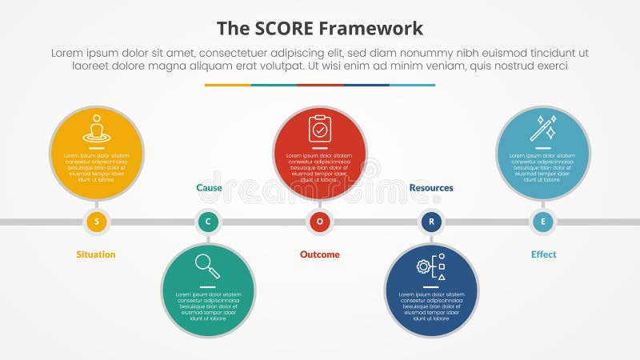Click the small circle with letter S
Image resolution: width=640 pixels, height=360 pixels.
[x=97, y=222]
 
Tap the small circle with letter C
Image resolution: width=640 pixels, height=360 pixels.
[x=208, y=222]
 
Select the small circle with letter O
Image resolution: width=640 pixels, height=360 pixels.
[x=320, y=222]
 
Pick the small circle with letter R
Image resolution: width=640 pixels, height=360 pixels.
[x=431, y=222]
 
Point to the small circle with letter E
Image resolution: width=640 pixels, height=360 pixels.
[x=543, y=222]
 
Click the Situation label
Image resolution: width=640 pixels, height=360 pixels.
[x=96, y=254]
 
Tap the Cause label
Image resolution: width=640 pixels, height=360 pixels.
[x=209, y=188]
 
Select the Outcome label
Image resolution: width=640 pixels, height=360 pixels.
[x=320, y=254]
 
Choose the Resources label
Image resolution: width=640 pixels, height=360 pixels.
[x=431, y=188]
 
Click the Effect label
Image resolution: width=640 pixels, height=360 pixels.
[x=543, y=254]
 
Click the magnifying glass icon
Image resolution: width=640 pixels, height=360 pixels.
[x=207, y=266]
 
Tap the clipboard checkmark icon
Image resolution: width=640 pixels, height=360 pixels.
[x=320, y=128]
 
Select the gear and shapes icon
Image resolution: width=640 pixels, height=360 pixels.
[x=431, y=266]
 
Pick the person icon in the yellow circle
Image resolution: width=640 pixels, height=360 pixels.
[x=97, y=129]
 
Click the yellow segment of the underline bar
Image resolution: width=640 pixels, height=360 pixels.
[x=227, y=85]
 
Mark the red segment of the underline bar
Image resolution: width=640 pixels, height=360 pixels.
[x=320, y=85]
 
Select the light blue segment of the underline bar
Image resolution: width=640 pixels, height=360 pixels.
[x=413, y=85]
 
